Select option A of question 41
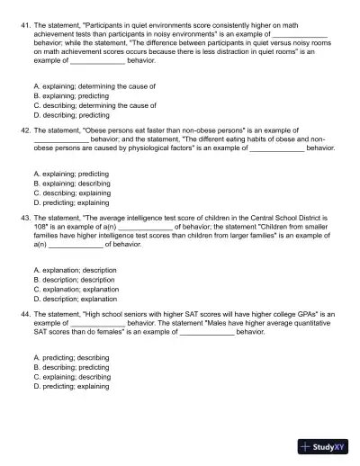click(x=94, y=86)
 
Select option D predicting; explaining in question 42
click(x=82, y=202)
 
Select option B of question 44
click(x=83, y=367)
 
